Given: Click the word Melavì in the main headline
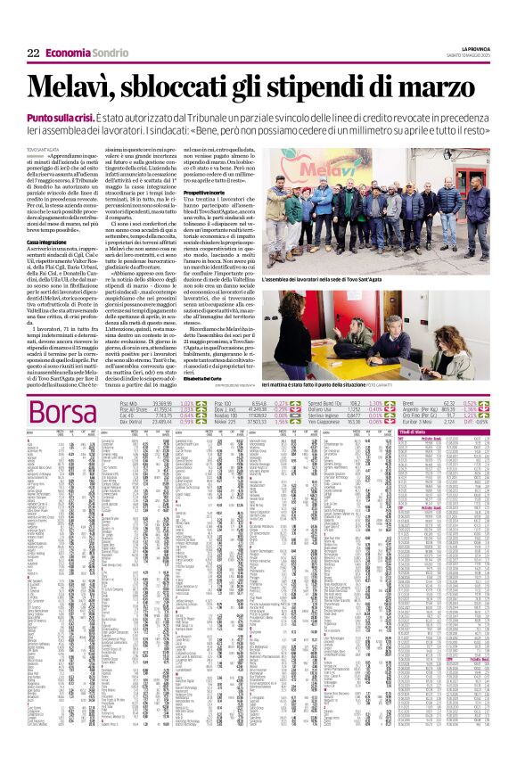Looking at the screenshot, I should pyautogui.click(x=71, y=87).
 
